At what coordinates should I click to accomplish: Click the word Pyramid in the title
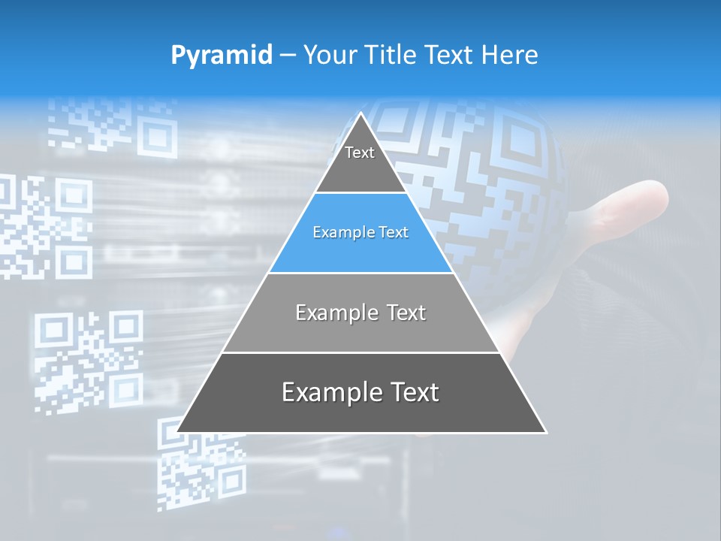pyautogui.click(x=222, y=55)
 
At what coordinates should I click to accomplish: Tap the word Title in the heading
pyautogui.click(x=394, y=55)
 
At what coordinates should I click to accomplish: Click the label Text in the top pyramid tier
pyautogui.click(x=360, y=153)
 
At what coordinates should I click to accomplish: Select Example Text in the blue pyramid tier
pyautogui.click(x=360, y=232)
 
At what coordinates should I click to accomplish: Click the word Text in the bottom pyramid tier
pyautogui.click(x=413, y=392)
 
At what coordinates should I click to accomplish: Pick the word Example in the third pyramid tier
pyautogui.click(x=335, y=313)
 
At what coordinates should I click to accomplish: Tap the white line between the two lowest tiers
pyautogui.click(x=360, y=352)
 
